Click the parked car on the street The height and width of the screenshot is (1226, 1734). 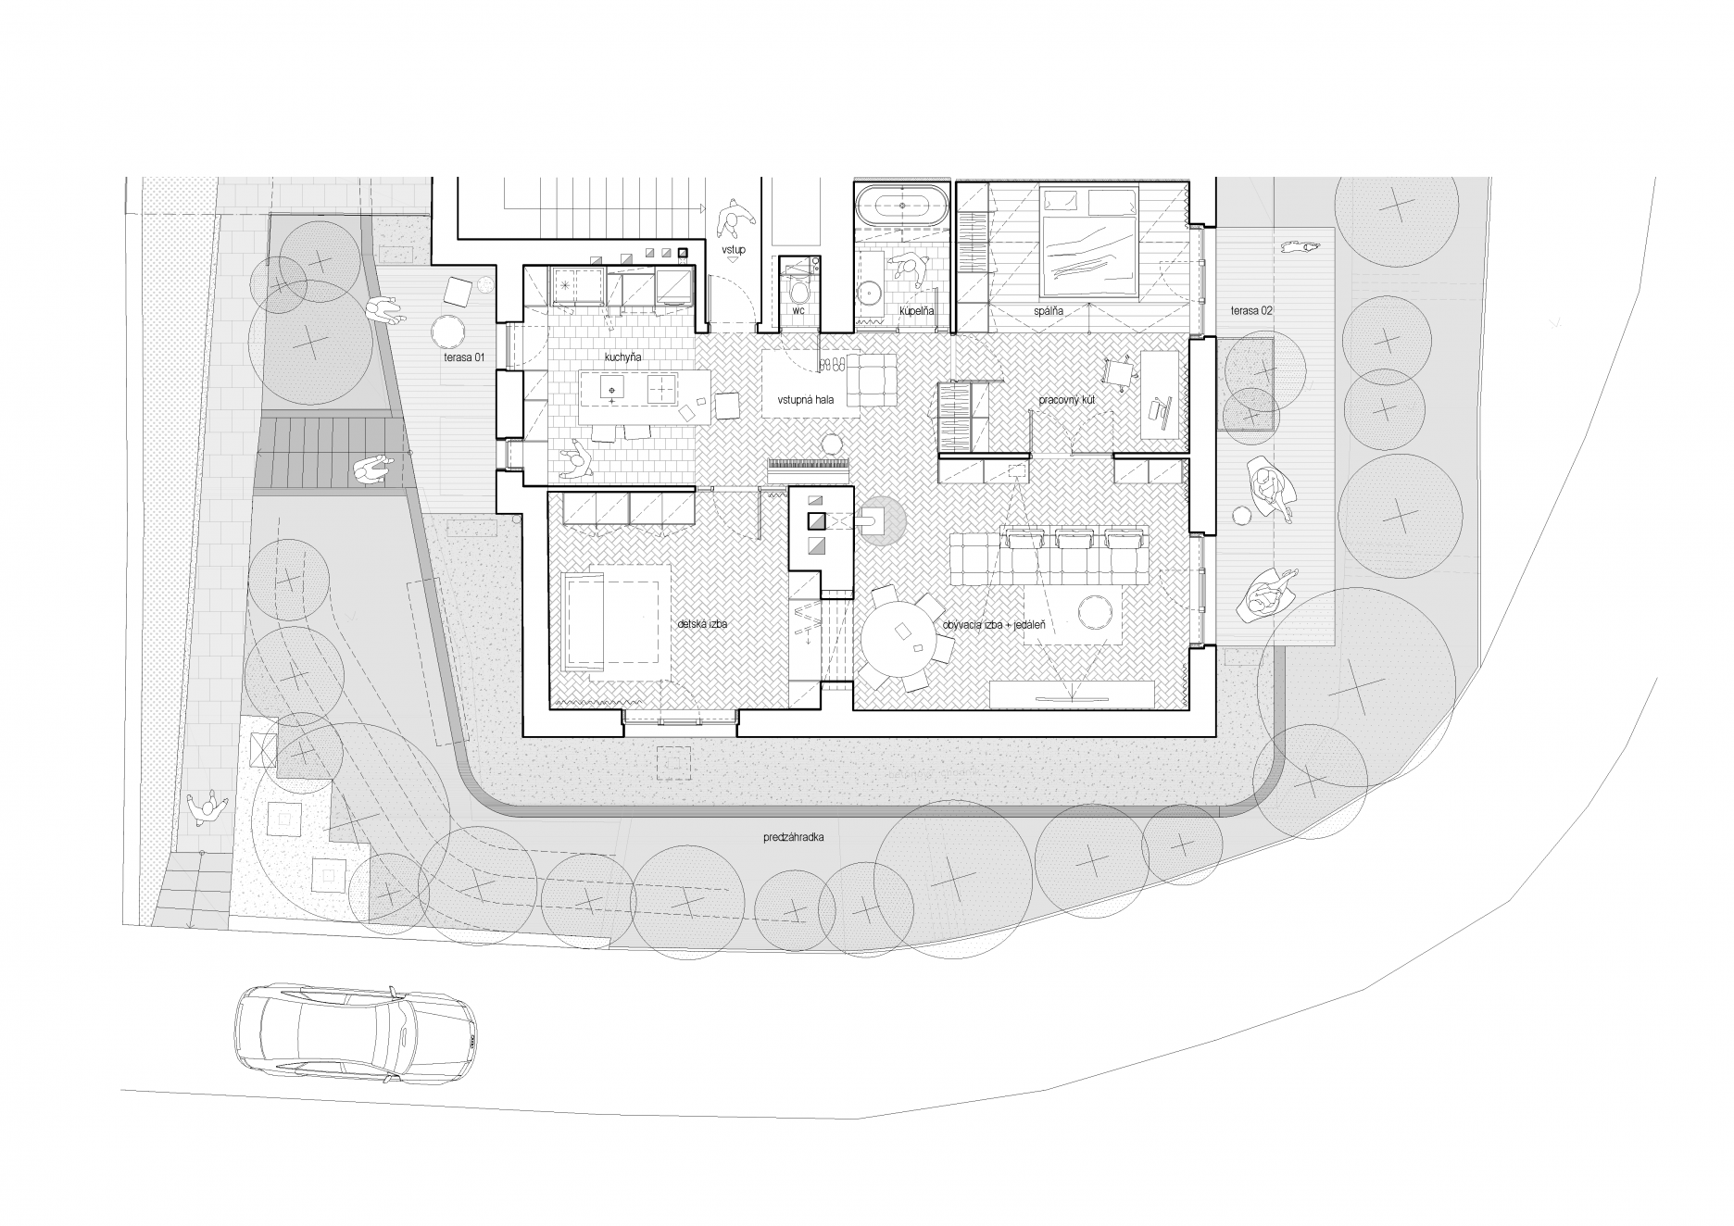coord(356,1035)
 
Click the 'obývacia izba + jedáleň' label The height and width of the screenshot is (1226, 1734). coord(994,625)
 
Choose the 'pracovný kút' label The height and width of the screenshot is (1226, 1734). coord(1067,400)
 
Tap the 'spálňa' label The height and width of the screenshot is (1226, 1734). coord(1049,311)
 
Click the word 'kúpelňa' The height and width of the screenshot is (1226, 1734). coord(916,311)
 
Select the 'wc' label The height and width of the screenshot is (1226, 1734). coord(798,311)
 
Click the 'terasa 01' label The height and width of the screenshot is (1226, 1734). coord(463,357)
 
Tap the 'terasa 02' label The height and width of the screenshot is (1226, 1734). coord(1251,311)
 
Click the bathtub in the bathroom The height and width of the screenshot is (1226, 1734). coord(903,206)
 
